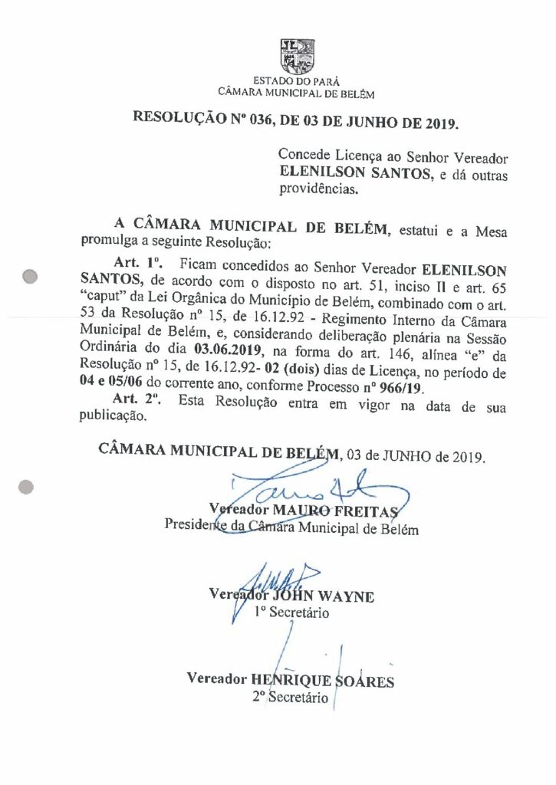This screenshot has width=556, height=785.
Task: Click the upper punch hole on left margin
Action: pyautogui.click(x=31, y=278)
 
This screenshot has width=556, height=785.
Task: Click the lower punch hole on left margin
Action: pyautogui.click(x=26, y=485)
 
